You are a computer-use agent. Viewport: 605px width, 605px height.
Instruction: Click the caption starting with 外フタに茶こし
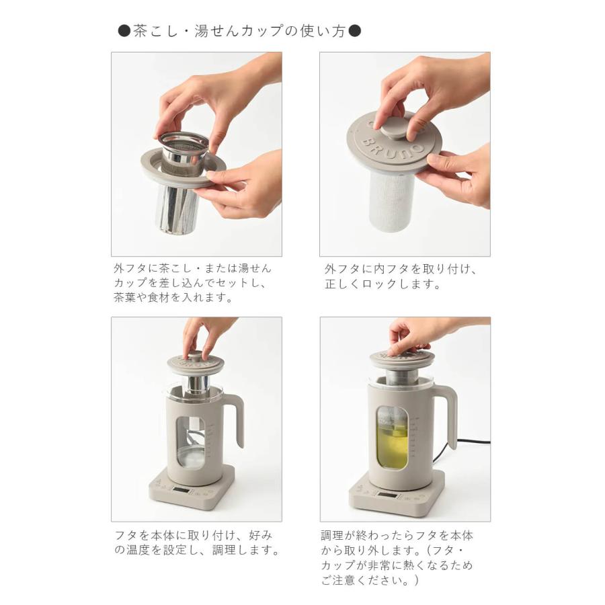(x=192, y=282)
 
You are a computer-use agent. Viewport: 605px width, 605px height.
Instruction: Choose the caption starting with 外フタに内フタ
(x=400, y=276)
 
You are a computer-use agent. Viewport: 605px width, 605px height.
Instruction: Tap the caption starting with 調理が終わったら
(x=397, y=558)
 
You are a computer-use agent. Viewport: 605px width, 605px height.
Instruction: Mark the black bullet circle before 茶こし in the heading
(x=124, y=32)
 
